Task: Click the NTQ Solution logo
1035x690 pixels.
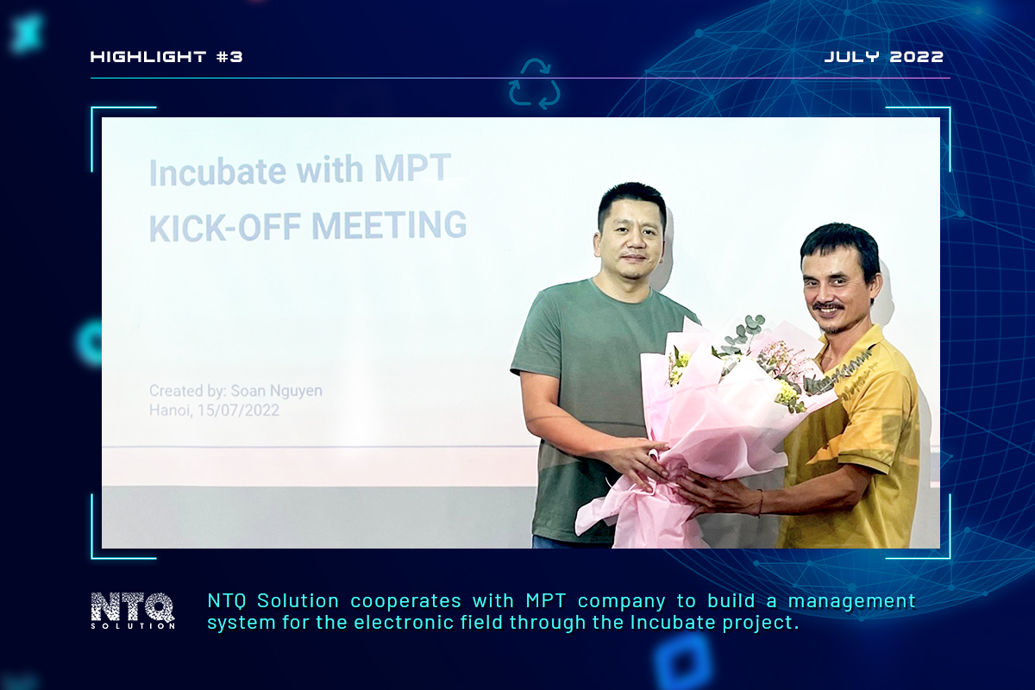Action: [x=133, y=610]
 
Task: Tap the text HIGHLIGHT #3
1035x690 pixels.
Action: [x=166, y=57]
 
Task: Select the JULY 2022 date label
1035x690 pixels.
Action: [x=884, y=57]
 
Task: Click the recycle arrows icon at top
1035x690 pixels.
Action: [x=535, y=85]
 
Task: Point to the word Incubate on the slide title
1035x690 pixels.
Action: [x=217, y=172]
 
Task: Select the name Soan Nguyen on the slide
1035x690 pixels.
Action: [x=276, y=391]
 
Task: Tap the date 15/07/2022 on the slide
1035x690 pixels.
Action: [x=238, y=411]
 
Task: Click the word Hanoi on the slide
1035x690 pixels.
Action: [x=170, y=411]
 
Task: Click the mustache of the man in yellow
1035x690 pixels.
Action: [x=829, y=305]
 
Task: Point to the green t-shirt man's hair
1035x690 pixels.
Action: [x=631, y=204]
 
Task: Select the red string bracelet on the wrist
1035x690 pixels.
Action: [x=760, y=503]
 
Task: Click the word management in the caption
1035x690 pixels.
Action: [x=851, y=601]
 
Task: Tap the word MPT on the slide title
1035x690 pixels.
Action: [x=412, y=168]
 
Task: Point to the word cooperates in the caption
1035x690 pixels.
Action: [x=405, y=601]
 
